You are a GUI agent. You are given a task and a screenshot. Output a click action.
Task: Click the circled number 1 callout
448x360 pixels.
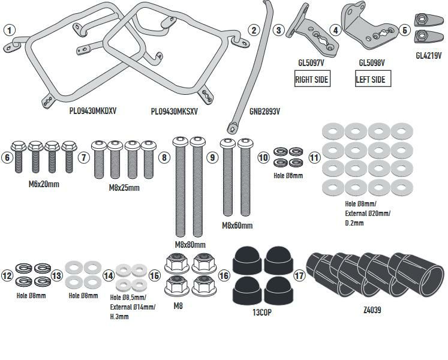[x=10, y=29]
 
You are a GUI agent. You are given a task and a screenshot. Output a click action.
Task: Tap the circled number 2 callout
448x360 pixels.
[x=255, y=29]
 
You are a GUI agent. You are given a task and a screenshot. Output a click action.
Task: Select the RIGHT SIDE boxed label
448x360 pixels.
[x=312, y=79]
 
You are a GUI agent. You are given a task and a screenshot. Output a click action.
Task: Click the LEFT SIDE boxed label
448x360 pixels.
[x=371, y=79]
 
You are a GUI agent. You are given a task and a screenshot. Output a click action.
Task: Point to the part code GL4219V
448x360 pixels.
[x=428, y=55]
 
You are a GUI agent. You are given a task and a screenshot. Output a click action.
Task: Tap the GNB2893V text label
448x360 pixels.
[x=264, y=111]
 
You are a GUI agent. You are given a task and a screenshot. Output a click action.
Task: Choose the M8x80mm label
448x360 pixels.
[x=190, y=245]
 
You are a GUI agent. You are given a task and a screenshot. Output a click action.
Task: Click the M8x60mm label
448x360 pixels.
[x=237, y=226]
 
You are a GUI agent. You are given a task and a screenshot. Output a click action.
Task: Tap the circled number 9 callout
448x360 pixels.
[x=212, y=157]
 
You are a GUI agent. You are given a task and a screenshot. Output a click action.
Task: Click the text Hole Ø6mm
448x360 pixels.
[x=288, y=175]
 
